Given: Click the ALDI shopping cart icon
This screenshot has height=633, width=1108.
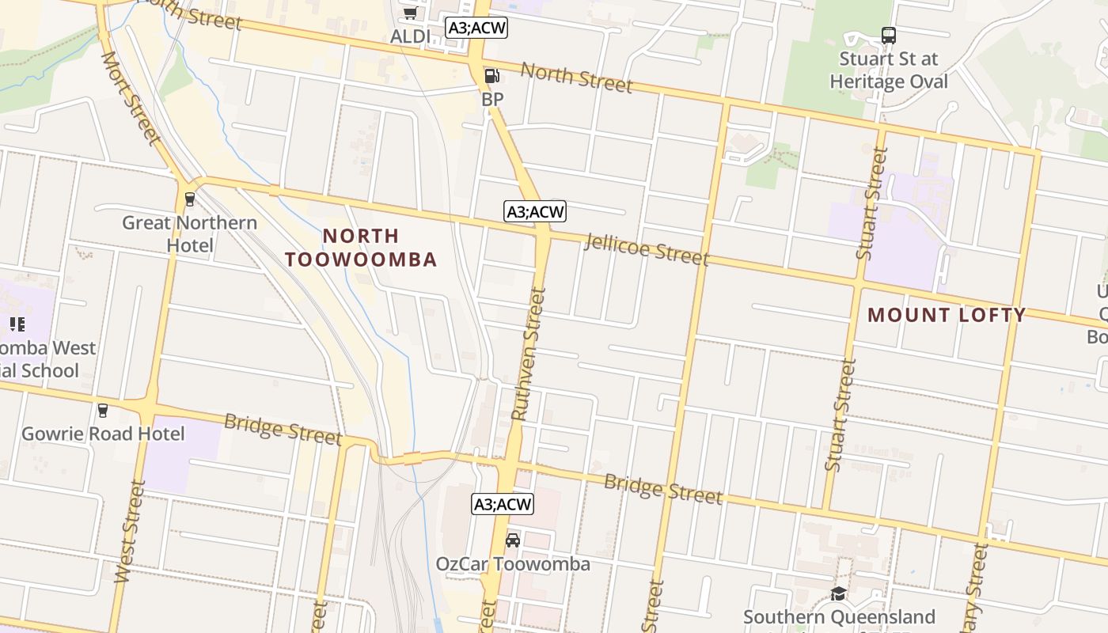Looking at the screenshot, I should [x=410, y=13].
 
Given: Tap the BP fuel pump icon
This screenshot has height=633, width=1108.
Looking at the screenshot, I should [x=491, y=76].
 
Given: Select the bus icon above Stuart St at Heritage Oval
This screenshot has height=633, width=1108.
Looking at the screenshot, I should [x=888, y=36].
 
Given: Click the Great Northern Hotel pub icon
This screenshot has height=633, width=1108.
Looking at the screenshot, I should [x=189, y=199].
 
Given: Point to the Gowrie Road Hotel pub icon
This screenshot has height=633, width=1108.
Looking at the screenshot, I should [x=102, y=410].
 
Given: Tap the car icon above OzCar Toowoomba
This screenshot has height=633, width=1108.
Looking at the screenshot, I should [x=513, y=540].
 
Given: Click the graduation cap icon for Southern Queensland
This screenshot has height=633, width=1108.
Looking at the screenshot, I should [x=838, y=593].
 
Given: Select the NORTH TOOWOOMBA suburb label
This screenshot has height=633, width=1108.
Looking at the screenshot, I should [x=361, y=248].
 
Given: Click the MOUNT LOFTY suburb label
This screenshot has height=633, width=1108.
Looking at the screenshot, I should [x=947, y=315].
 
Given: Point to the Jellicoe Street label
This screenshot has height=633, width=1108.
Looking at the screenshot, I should [x=646, y=248].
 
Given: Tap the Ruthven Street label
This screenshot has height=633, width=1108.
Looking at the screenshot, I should [x=529, y=353].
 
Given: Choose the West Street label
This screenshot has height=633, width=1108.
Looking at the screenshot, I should [x=130, y=532].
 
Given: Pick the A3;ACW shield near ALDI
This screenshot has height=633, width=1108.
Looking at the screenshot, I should [x=476, y=28].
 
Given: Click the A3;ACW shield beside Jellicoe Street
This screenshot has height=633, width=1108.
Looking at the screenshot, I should [x=535, y=211].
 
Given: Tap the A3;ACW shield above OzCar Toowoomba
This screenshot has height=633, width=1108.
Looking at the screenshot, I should [x=503, y=504].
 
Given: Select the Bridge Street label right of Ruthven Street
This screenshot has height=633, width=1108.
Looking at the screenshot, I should [x=663, y=488].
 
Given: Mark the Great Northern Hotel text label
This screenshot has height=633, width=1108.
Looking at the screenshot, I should [x=190, y=233].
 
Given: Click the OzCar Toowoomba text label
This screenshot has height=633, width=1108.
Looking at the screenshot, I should [x=513, y=564].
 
